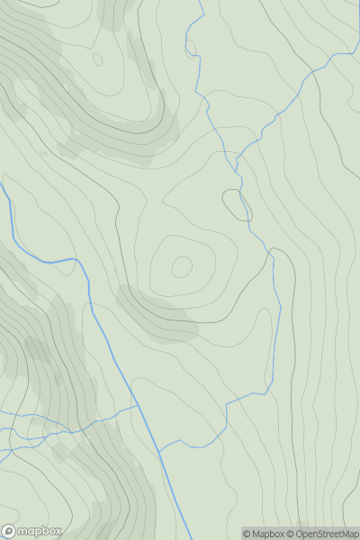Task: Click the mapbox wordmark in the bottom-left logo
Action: click(40, 531)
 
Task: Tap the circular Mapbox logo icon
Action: click(10, 531)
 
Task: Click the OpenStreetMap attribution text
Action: click(325, 534)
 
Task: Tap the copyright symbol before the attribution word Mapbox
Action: click(247, 534)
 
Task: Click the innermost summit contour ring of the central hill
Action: click(182, 266)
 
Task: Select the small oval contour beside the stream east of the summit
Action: click(238, 205)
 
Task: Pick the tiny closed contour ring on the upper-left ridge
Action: click(97, 60)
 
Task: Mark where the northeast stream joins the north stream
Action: click(236, 160)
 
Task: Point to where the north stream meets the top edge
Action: click(201, 1)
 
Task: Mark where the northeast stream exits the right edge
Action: click(358, 52)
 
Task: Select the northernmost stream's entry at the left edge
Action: click(1, 184)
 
